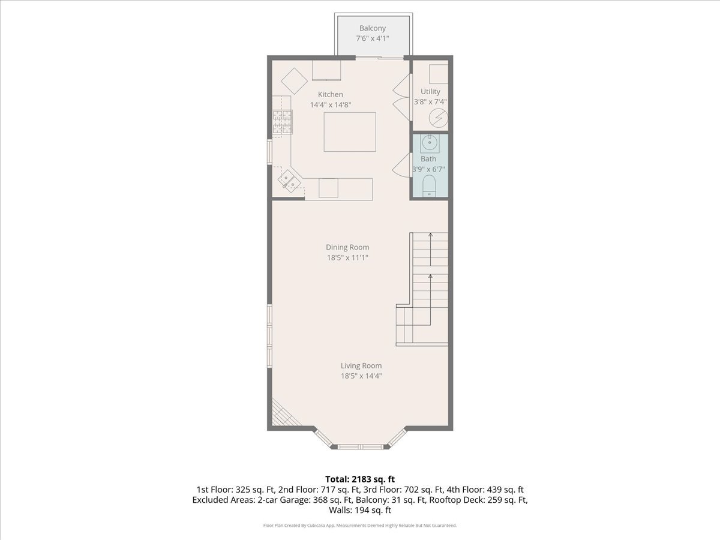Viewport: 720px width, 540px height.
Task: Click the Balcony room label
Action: pos(373,28)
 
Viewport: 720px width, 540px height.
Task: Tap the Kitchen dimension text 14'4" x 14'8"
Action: pos(331,105)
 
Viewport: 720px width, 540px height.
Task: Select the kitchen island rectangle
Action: pos(350,132)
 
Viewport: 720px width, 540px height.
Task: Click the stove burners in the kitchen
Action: pos(283,122)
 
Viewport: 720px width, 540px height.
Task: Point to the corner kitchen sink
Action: pos(289,181)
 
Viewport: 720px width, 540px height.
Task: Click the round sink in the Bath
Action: pos(429,143)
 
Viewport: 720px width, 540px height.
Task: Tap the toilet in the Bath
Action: pos(429,185)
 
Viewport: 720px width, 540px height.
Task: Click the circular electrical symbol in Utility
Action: pos(438,118)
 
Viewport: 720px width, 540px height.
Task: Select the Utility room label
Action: pos(430,91)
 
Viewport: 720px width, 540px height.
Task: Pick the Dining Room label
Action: pos(347,247)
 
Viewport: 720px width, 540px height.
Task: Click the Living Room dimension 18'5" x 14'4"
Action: pos(361,376)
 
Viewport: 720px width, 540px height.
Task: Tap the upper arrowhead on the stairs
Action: pos(430,235)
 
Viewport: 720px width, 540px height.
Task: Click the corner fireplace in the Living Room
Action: pos(285,412)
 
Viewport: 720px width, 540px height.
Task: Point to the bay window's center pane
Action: pos(360,446)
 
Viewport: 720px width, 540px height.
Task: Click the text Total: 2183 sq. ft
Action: pos(360,479)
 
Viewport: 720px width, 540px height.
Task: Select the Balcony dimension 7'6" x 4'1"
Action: pos(373,38)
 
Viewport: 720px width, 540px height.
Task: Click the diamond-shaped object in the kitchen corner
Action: pos(294,81)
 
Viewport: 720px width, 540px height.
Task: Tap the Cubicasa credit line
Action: pos(360,526)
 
